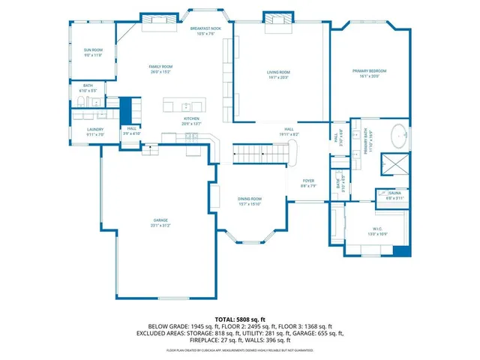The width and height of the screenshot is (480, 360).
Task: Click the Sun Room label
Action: (x=93, y=49)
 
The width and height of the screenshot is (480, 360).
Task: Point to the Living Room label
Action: (x=278, y=73)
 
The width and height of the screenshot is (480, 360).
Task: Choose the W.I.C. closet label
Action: (x=377, y=229)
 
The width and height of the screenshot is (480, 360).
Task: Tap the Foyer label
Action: (x=308, y=181)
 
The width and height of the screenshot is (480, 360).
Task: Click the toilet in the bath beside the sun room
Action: (x=82, y=103)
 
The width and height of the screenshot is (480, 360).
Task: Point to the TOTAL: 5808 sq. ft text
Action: (x=239, y=319)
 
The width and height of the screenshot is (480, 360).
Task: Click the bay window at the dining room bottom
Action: (x=249, y=241)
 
